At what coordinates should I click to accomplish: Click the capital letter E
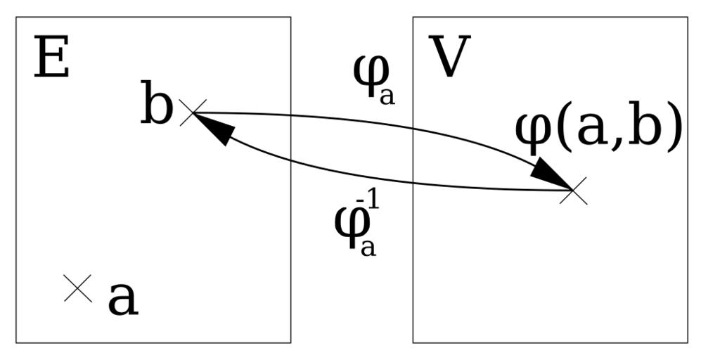click(51, 59)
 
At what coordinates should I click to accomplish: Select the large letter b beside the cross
click(156, 106)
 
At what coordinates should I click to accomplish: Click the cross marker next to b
click(192, 112)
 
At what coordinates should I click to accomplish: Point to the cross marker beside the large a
click(77, 288)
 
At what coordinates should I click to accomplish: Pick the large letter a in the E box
click(122, 300)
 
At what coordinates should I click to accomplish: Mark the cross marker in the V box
click(573, 190)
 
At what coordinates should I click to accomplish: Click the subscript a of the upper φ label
click(387, 96)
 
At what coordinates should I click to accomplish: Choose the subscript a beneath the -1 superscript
click(368, 248)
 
